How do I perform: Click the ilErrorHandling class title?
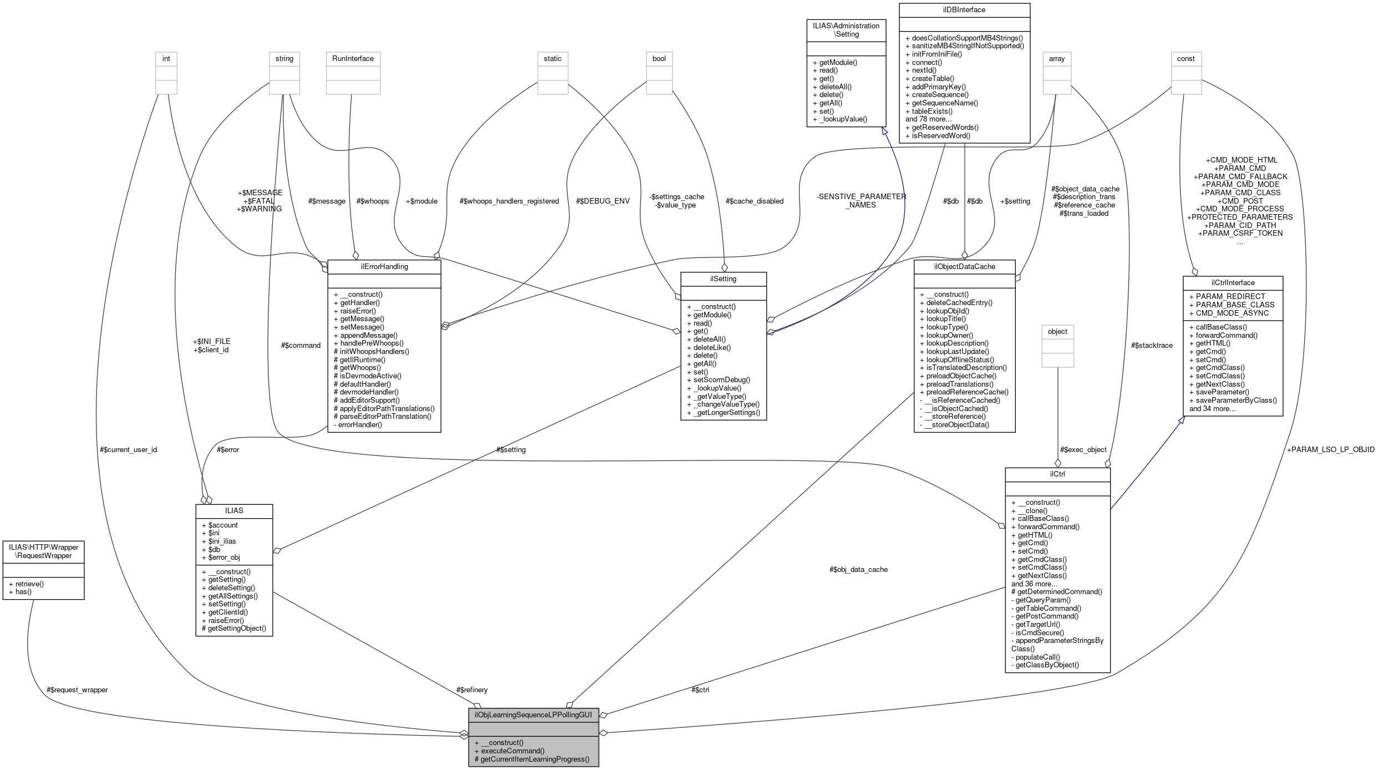pos(384,266)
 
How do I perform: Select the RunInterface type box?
pos(353,59)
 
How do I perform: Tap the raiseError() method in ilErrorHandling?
pos(358,311)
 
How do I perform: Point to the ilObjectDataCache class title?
pos(964,266)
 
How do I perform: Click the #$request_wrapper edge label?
pos(78,690)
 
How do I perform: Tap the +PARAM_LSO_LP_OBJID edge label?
pos(1330,449)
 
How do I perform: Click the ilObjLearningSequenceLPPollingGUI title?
pos(533,715)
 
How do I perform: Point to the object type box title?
pos(1057,332)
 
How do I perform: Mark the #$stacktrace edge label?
pos(1152,345)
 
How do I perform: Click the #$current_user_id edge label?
pos(128,449)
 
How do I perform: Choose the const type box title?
pos(1185,59)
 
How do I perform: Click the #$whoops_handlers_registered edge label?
pos(509,201)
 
